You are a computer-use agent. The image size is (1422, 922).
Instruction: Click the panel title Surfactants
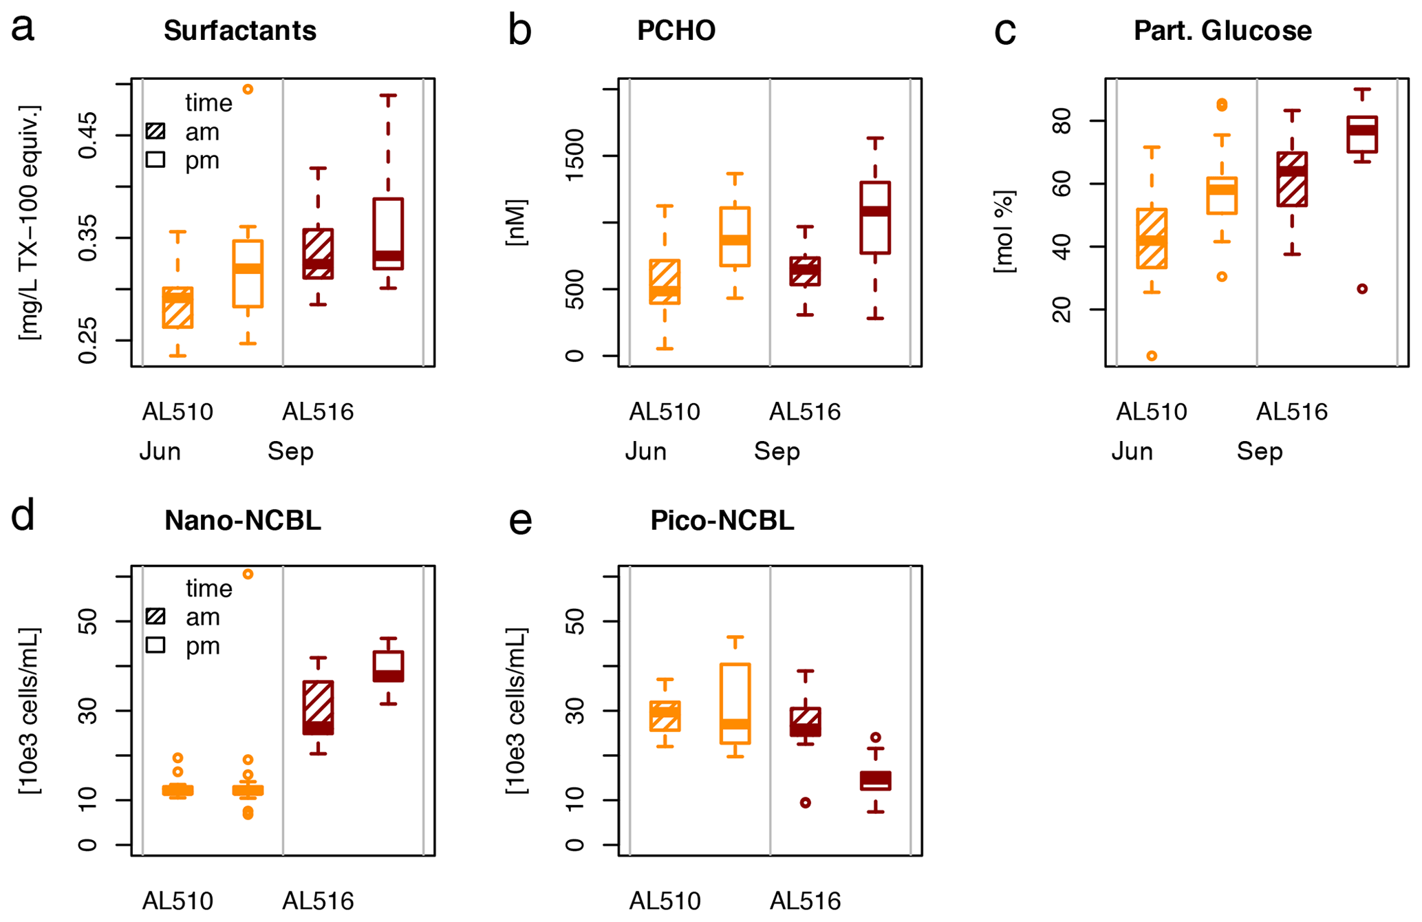[x=240, y=31]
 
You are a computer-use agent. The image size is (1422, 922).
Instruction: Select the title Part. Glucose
[x=1222, y=31]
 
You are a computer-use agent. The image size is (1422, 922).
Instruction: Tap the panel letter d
[x=23, y=516]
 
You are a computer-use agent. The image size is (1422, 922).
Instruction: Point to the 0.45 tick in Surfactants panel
[x=88, y=136]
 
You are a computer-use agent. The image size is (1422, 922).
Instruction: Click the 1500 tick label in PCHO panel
[x=574, y=156]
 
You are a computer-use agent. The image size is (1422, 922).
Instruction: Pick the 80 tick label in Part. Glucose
[x=1062, y=121]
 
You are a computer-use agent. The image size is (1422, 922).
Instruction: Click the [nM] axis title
[x=516, y=222]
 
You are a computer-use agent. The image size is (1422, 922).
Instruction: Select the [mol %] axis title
[x=1004, y=232]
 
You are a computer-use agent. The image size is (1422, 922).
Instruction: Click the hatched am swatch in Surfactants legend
[x=156, y=131]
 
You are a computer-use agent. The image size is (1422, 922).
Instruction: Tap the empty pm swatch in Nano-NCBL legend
[x=156, y=645]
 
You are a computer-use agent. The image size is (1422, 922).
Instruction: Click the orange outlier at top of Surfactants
[x=248, y=89]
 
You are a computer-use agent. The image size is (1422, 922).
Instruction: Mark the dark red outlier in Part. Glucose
[x=1362, y=289]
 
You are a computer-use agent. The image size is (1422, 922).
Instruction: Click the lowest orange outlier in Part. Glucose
[x=1152, y=356]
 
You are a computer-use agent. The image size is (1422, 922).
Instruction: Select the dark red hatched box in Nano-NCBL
[x=318, y=707]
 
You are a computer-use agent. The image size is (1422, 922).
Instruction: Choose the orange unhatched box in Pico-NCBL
[x=735, y=703]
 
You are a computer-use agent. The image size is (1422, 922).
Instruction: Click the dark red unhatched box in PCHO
[x=875, y=218]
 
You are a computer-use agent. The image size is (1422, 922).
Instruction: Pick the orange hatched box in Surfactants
[x=177, y=308]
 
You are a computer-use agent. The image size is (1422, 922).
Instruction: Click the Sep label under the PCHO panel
[x=777, y=451]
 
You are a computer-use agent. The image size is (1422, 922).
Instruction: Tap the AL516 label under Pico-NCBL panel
[x=805, y=901]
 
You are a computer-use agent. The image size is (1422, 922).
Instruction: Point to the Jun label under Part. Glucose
[x=1132, y=451]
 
